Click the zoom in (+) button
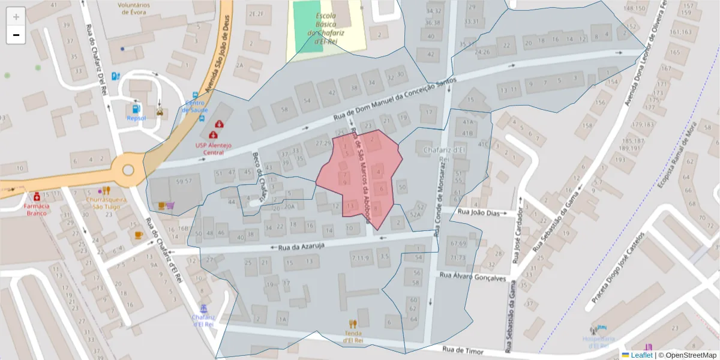[x=16, y=17]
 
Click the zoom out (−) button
[x=16, y=35]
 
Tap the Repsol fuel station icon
[x=136, y=109]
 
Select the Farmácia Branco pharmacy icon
[x=37, y=197]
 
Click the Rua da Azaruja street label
[x=298, y=245]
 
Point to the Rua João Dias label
[x=478, y=212]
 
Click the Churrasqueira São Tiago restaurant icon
[x=107, y=191]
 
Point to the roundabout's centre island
[x=128, y=170]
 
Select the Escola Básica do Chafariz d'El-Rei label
[x=326, y=25]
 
